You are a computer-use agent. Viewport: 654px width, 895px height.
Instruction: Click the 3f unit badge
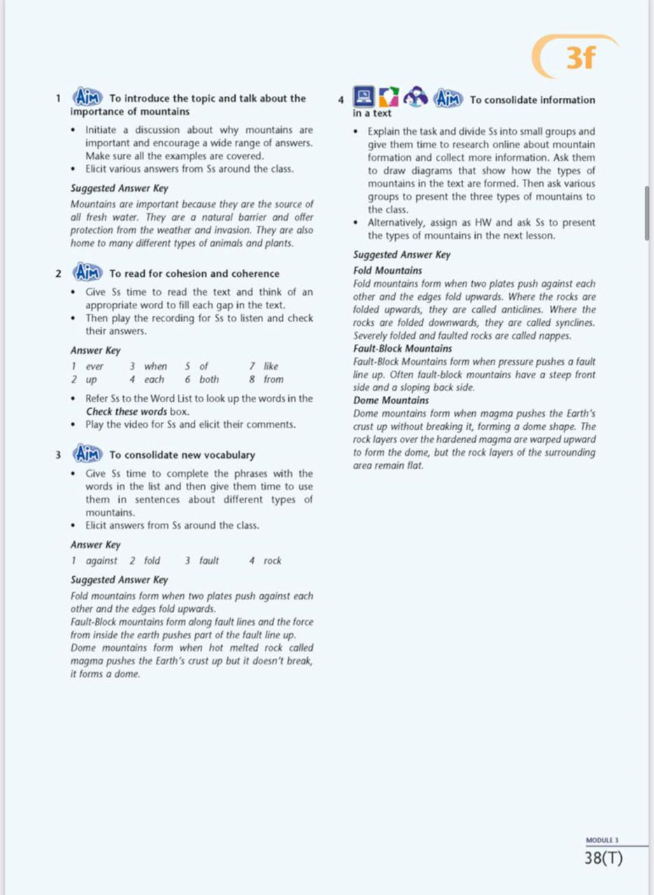581,59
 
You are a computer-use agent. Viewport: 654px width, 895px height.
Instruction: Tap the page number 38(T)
604,858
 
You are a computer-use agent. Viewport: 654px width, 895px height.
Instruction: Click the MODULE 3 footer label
602,840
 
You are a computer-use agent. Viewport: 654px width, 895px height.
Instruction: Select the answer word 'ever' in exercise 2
94,366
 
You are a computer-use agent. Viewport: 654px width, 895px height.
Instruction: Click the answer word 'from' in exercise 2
273,379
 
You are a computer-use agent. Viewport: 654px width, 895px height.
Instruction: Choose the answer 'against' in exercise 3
101,560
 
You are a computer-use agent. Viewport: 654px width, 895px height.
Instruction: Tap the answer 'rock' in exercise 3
273,560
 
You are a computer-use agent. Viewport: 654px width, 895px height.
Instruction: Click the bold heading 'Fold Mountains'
388,271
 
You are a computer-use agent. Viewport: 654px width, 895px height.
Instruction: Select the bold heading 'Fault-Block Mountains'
402,348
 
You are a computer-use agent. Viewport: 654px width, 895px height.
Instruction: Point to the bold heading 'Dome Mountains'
391,401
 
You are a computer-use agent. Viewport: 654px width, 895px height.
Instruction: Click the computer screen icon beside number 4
363,96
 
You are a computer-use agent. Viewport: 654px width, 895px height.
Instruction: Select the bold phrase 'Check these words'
126,411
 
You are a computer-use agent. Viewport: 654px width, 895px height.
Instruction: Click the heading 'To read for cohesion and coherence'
194,273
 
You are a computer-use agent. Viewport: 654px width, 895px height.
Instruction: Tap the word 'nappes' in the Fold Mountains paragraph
556,336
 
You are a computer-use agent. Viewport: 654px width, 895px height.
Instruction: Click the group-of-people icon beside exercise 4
416,97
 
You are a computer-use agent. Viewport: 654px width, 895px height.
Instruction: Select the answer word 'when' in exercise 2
155,366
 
